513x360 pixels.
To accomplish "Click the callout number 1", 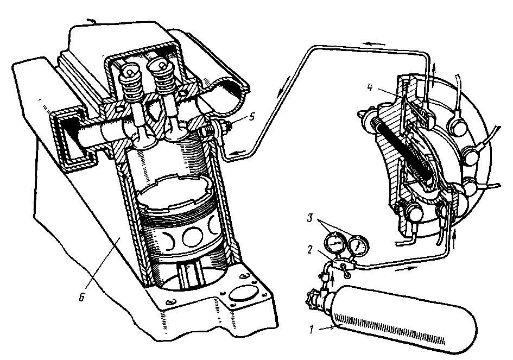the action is click(312, 329).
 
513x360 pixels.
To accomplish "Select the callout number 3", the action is click(311, 218).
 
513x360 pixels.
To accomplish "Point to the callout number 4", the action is click(370, 87).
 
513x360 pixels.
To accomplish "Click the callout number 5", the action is click(251, 117).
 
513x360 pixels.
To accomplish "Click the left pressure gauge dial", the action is click(334, 243).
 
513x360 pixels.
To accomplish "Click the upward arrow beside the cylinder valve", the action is click(333, 278).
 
